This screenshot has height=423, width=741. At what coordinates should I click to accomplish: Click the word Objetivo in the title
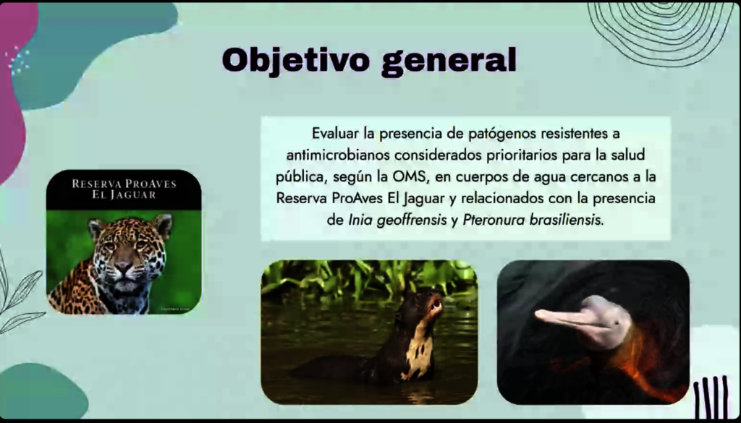click(295, 60)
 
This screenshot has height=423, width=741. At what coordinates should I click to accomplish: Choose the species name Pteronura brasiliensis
click(532, 220)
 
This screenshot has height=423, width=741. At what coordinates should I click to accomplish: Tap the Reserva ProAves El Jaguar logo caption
click(124, 189)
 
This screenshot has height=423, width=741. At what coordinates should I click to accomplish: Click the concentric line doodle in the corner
click(659, 29)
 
